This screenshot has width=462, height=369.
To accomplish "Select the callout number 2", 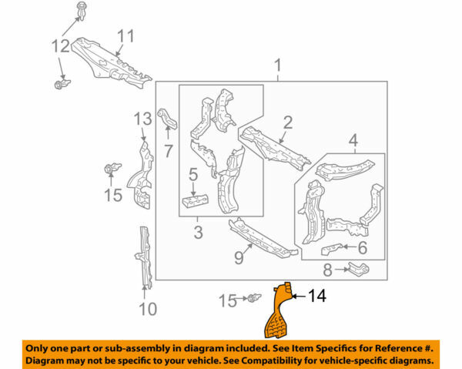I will tap(286, 121).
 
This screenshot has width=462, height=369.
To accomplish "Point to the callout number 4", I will tap(353, 141).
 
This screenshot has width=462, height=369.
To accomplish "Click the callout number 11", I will tap(125, 36).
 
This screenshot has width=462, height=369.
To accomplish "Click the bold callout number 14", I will tap(320, 295).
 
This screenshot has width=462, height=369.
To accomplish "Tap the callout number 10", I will tap(147, 309).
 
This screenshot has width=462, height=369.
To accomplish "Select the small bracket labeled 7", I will tap(167, 121).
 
